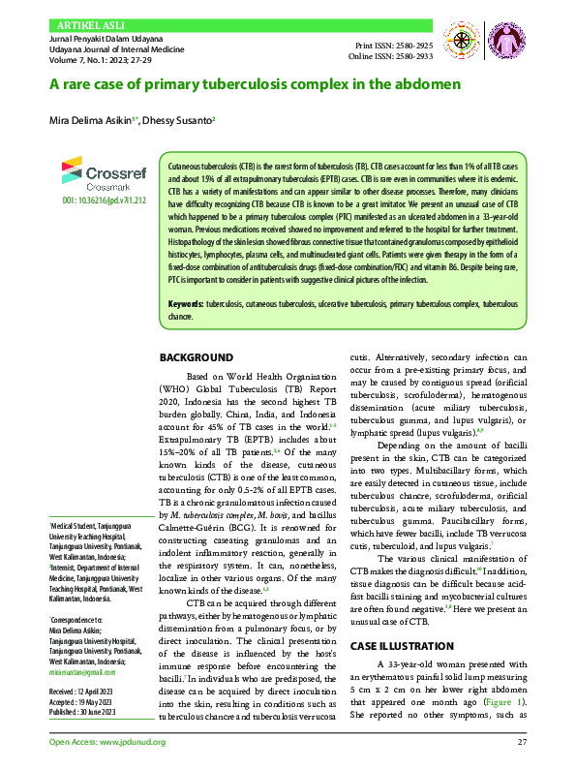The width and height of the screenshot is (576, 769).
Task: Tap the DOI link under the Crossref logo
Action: [x=96, y=200]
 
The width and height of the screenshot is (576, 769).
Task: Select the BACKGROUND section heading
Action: [x=197, y=357]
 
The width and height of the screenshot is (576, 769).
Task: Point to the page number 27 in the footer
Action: [x=521, y=743]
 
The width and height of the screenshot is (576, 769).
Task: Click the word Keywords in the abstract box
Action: [x=186, y=305]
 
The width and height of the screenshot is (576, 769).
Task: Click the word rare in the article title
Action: [x=81, y=84]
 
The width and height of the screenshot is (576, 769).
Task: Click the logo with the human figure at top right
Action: [x=504, y=40]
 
